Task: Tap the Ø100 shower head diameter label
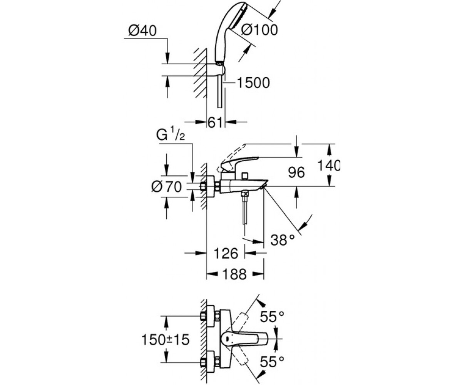(259, 30)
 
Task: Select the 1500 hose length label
(253, 83)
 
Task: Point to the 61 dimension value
(215, 122)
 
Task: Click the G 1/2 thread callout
(171, 135)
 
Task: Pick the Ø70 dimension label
(166, 187)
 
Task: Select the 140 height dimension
(328, 166)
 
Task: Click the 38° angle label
(283, 240)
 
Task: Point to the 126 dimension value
(226, 253)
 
